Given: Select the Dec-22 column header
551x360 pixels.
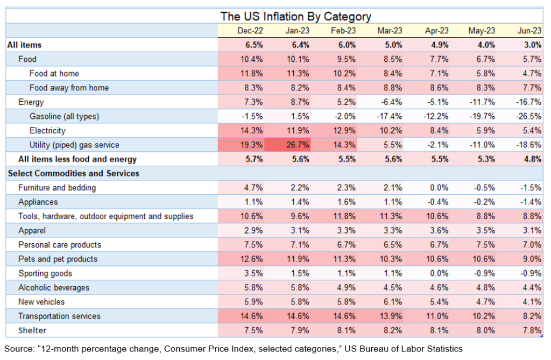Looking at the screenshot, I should pyautogui.click(x=250, y=31).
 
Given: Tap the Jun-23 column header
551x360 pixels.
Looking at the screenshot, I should pyautogui.click(x=529, y=31).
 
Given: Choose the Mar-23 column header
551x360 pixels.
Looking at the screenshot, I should pyautogui.click(x=390, y=31).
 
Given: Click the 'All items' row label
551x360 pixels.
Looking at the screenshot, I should pyautogui.click(x=24, y=45).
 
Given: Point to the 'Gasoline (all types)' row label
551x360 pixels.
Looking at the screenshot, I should pyautogui.click(x=65, y=116).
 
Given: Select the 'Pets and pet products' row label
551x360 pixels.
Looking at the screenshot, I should pyautogui.click(x=58, y=259).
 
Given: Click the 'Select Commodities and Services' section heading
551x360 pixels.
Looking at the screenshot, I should pyautogui.click(x=73, y=173).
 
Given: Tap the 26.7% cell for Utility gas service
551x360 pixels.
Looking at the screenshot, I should pyautogui.click(x=297, y=145).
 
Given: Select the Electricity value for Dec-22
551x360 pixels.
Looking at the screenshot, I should pyautogui.click(x=250, y=131).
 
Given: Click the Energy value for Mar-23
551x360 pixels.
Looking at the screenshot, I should pyautogui.click(x=390, y=102).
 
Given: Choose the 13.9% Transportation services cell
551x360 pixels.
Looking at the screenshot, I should pyautogui.click(x=390, y=316).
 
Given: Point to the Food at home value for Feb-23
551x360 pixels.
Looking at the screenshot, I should pyautogui.click(x=343, y=74).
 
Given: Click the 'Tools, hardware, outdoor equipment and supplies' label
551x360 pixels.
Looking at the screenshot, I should pyautogui.click(x=105, y=216).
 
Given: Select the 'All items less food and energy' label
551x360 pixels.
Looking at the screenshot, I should pyautogui.click(x=77, y=159).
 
